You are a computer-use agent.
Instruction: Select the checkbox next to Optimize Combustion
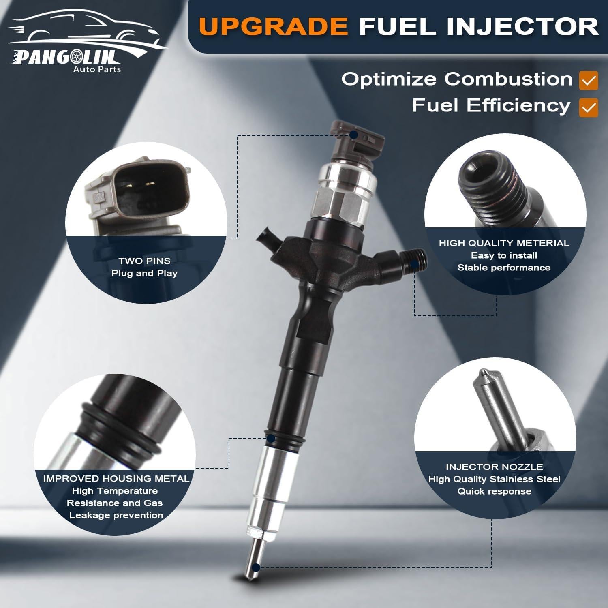tap(589, 80)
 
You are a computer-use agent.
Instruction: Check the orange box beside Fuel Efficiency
tap(589, 107)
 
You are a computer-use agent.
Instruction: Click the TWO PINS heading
tap(145, 261)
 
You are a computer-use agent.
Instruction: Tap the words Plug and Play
tap(145, 273)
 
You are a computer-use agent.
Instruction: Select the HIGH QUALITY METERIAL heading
tap(504, 243)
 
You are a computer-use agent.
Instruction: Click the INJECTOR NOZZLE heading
tap(494, 467)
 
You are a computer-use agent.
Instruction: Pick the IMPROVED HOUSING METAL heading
tap(116, 479)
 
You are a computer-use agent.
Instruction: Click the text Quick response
tap(494, 491)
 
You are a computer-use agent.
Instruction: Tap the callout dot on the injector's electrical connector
tap(353, 134)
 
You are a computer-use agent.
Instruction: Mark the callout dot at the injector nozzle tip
tap(256, 567)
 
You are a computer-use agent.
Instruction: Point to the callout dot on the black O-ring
tap(270, 438)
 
